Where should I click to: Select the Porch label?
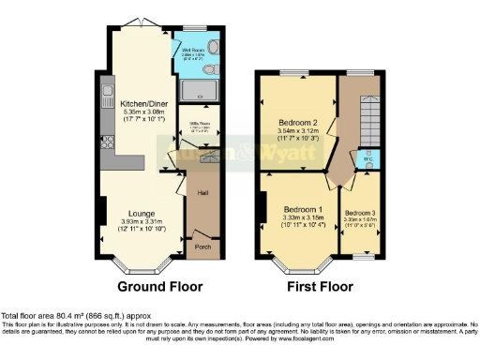[202, 248]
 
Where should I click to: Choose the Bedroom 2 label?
[297, 123]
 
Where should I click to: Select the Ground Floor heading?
[157, 285]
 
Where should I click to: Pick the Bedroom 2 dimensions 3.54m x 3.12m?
[297, 132]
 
